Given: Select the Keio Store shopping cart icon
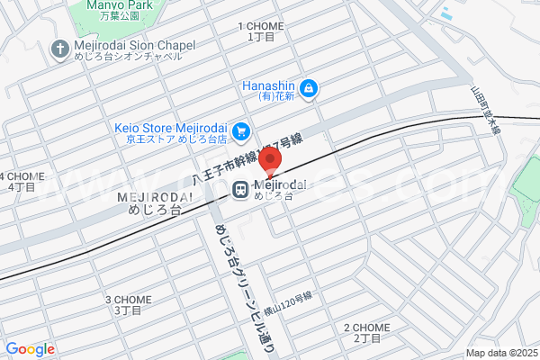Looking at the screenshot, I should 240,132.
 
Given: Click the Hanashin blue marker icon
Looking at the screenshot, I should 309,88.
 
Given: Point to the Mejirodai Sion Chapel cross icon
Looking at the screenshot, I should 59,49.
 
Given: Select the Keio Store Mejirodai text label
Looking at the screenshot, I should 170,132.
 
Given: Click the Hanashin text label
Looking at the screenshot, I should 268,89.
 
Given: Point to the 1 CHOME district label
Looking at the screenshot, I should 261,32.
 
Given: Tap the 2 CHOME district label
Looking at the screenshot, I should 367,332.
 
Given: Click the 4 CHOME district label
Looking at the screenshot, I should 22,181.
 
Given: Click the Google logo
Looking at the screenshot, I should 31,349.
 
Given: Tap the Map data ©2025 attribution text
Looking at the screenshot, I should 499,353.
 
